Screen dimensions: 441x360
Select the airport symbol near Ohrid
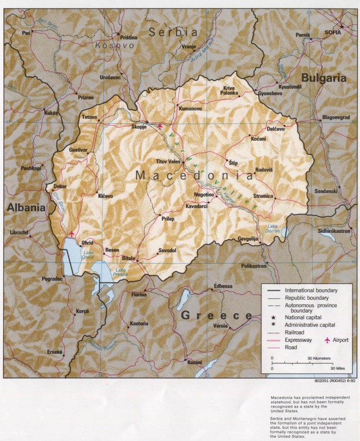(x=72, y=234)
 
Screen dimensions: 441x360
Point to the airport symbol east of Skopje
(x=160, y=126)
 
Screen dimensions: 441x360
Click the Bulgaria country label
(x=324, y=78)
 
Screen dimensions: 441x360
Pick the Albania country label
(x=26, y=208)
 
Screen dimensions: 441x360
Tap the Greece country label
(x=216, y=315)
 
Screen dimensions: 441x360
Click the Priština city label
(x=128, y=37)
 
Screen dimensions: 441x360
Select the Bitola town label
(x=128, y=258)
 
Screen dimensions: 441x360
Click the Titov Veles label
(x=168, y=161)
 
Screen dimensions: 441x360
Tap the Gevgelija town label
(x=249, y=239)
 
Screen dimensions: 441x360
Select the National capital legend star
(x=273, y=317)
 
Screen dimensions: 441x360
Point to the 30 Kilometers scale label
(x=318, y=358)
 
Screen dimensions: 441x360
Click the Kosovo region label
(x=114, y=46)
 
